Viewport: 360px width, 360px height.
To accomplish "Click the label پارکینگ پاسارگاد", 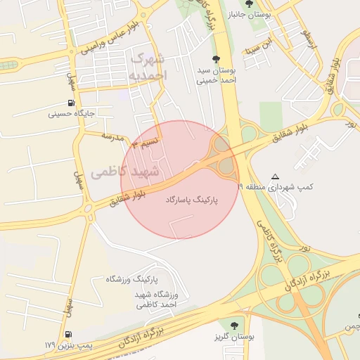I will pos(191,200).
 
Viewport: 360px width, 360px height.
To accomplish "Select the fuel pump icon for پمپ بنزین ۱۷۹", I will pos(67,335).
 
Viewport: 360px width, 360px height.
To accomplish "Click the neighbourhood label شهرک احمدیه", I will pos(146,65).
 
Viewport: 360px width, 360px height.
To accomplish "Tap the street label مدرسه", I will pos(112,135).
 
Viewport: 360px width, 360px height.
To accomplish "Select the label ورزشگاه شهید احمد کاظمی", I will pos(157,300).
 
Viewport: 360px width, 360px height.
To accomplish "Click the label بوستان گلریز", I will pos(233,338).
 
